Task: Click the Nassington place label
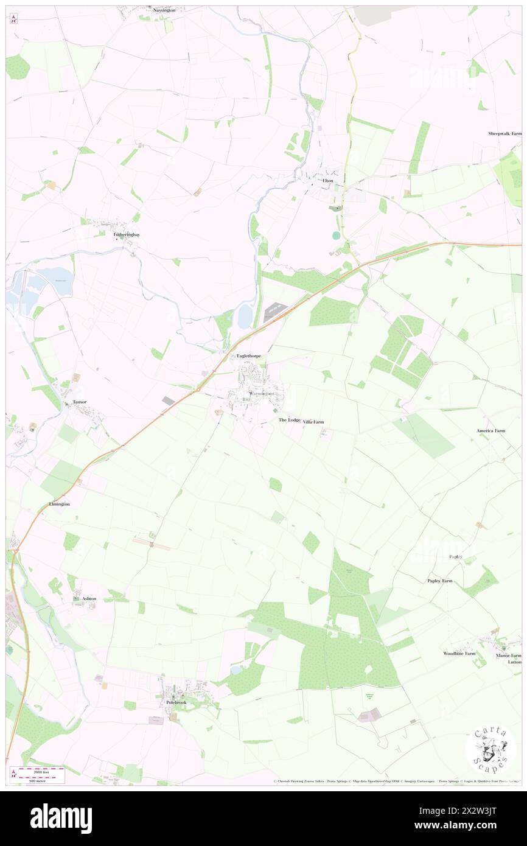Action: pyautogui.click(x=169, y=10)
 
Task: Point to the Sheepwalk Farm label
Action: pyautogui.click(x=504, y=133)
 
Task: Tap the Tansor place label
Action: pyautogui.click(x=80, y=402)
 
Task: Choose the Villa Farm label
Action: pyautogui.click(x=313, y=421)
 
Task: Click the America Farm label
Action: pyautogui.click(x=490, y=431)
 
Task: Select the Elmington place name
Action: pyautogui.click(x=59, y=505)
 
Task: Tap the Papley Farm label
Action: pyautogui.click(x=439, y=581)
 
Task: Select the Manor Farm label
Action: pyautogui.click(x=508, y=655)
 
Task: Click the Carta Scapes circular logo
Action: pyautogui.click(x=490, y=750)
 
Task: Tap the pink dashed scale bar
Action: pyautogui.click(x=41, y=770)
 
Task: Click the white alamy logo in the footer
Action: pyautogui.click(x=61, y=818)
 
